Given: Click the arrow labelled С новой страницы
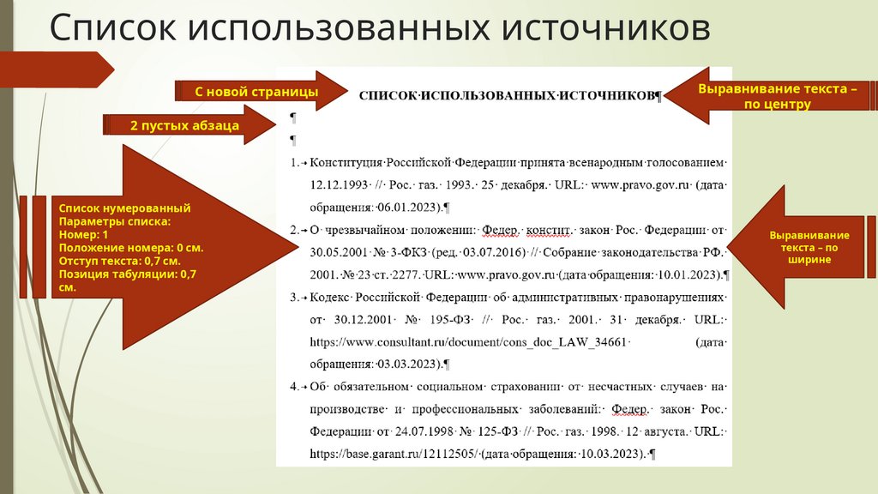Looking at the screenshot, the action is tap(257, 91).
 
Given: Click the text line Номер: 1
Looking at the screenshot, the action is tap(83, 234).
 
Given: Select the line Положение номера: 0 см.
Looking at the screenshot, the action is tap(129, 247).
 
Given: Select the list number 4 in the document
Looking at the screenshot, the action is tap(293, 387).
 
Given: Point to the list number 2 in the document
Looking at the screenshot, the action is tap(293, 230).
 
